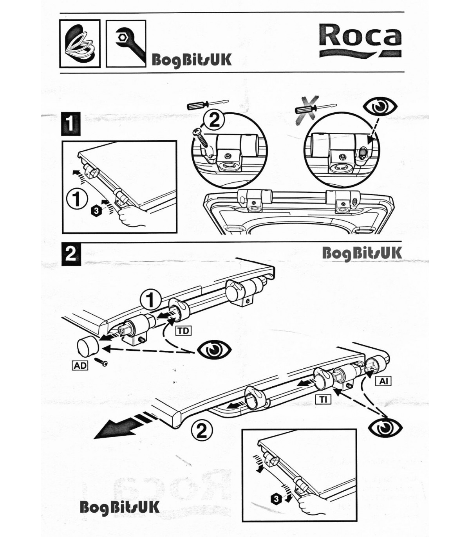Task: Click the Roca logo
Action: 360,39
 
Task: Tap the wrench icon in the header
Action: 126,43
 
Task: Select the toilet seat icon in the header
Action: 80,43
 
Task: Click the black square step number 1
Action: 71,124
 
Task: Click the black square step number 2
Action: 71,254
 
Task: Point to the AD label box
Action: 80,366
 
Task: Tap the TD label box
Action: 183,331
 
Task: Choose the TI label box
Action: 324,399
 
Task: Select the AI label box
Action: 383,380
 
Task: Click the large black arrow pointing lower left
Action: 117,427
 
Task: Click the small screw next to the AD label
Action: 103,363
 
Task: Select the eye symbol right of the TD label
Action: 214,350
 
